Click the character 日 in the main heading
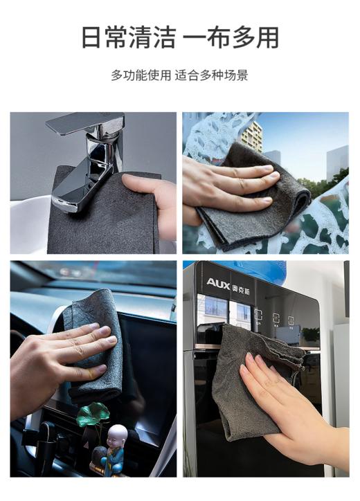[92, 37]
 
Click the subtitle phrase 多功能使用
[141, 75]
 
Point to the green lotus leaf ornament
[92, 415]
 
